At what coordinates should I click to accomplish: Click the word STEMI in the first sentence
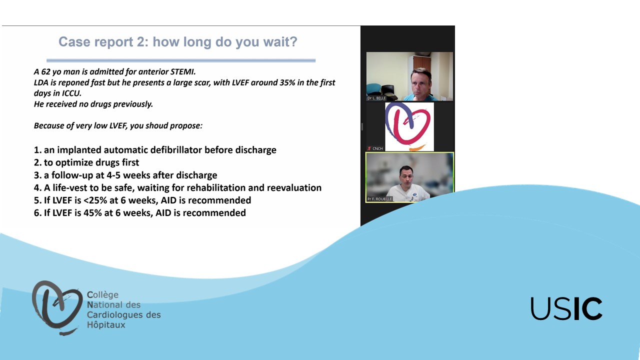pos(183,71)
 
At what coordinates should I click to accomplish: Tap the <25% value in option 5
pos(95,200)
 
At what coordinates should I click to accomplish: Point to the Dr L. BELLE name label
pos(376,98)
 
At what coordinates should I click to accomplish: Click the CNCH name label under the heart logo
pos(377,148)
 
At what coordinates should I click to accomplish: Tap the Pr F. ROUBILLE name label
pos(379,199)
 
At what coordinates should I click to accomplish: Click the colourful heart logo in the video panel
pos(409,127)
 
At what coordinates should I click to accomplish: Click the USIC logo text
pos(566,308)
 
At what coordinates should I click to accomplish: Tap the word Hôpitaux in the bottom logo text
pos(106,325)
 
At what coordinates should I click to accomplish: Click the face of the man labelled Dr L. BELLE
pos(420,82)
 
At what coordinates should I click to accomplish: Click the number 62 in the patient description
pos(46,71)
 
